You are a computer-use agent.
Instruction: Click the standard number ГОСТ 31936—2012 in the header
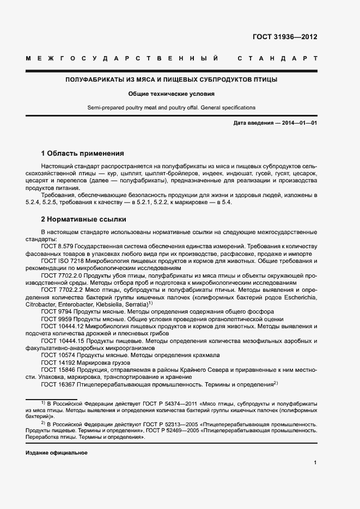pyautogui.click(x=285, y=38)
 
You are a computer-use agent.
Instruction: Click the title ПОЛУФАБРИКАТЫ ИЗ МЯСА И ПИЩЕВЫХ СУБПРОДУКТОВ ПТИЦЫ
pyautogui.click(x=172, y=79)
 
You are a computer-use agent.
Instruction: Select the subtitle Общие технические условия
pyautogui.click(x=172, y=94)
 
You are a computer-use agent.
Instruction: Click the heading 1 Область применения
pyautogui.click(x=82, y=153)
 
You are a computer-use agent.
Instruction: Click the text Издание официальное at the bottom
pyautogui.click(x=57, y=453)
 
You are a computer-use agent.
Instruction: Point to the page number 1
pyautogui.click(x=315, y=463)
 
